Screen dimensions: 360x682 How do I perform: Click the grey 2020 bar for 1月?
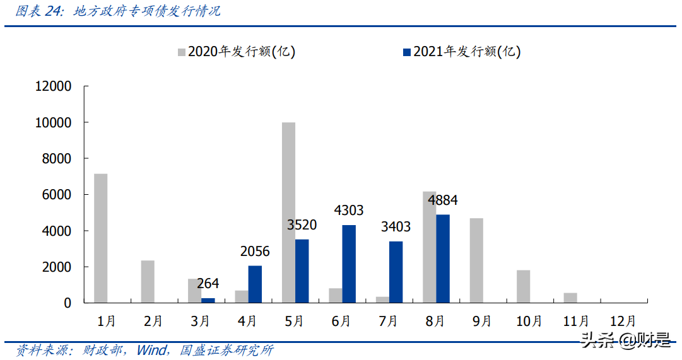tap(100, 238)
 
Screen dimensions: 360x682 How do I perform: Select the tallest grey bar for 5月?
tap(288, 212)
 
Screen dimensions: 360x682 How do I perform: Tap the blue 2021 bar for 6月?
tap(349, 264)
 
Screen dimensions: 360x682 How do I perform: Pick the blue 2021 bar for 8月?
tap(443, 258)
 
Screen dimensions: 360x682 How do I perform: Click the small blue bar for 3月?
tap(208, 300)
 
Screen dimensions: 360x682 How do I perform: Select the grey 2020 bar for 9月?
tap(476, 260)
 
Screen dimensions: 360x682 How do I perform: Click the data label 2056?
tap(255, 252)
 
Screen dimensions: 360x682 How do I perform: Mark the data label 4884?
tap(443, 200)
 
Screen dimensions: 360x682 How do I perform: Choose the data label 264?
tap(208, 284)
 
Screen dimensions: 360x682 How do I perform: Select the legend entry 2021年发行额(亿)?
tap(461, 52)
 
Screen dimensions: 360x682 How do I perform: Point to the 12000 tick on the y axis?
tap(54, 86)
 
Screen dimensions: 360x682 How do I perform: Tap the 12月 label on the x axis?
tap(623, 321)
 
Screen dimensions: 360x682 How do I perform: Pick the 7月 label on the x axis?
tap(387, 321)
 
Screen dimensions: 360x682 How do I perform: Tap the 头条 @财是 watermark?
tap(626, 340)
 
